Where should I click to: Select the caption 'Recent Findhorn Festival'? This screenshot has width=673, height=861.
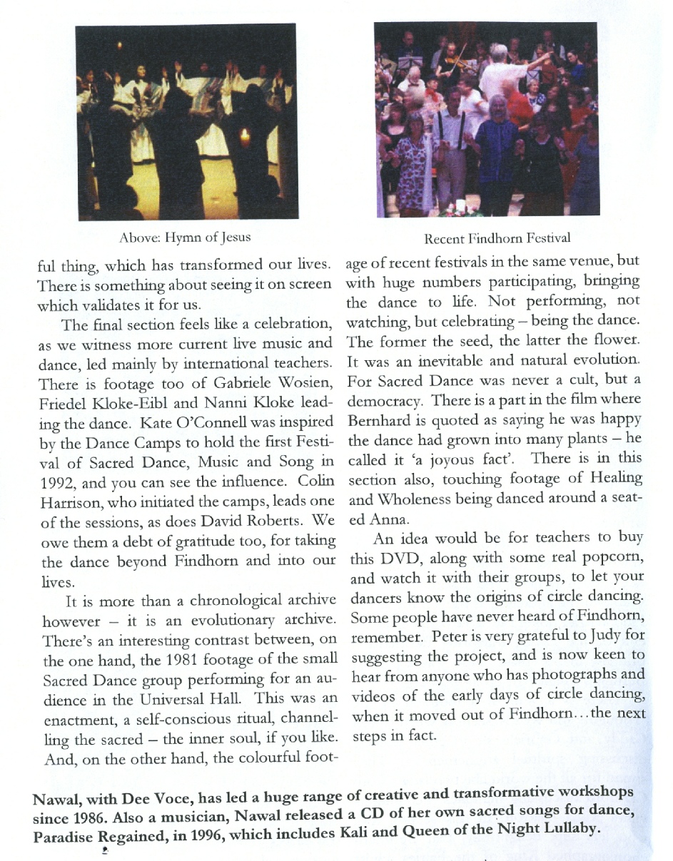497,238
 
